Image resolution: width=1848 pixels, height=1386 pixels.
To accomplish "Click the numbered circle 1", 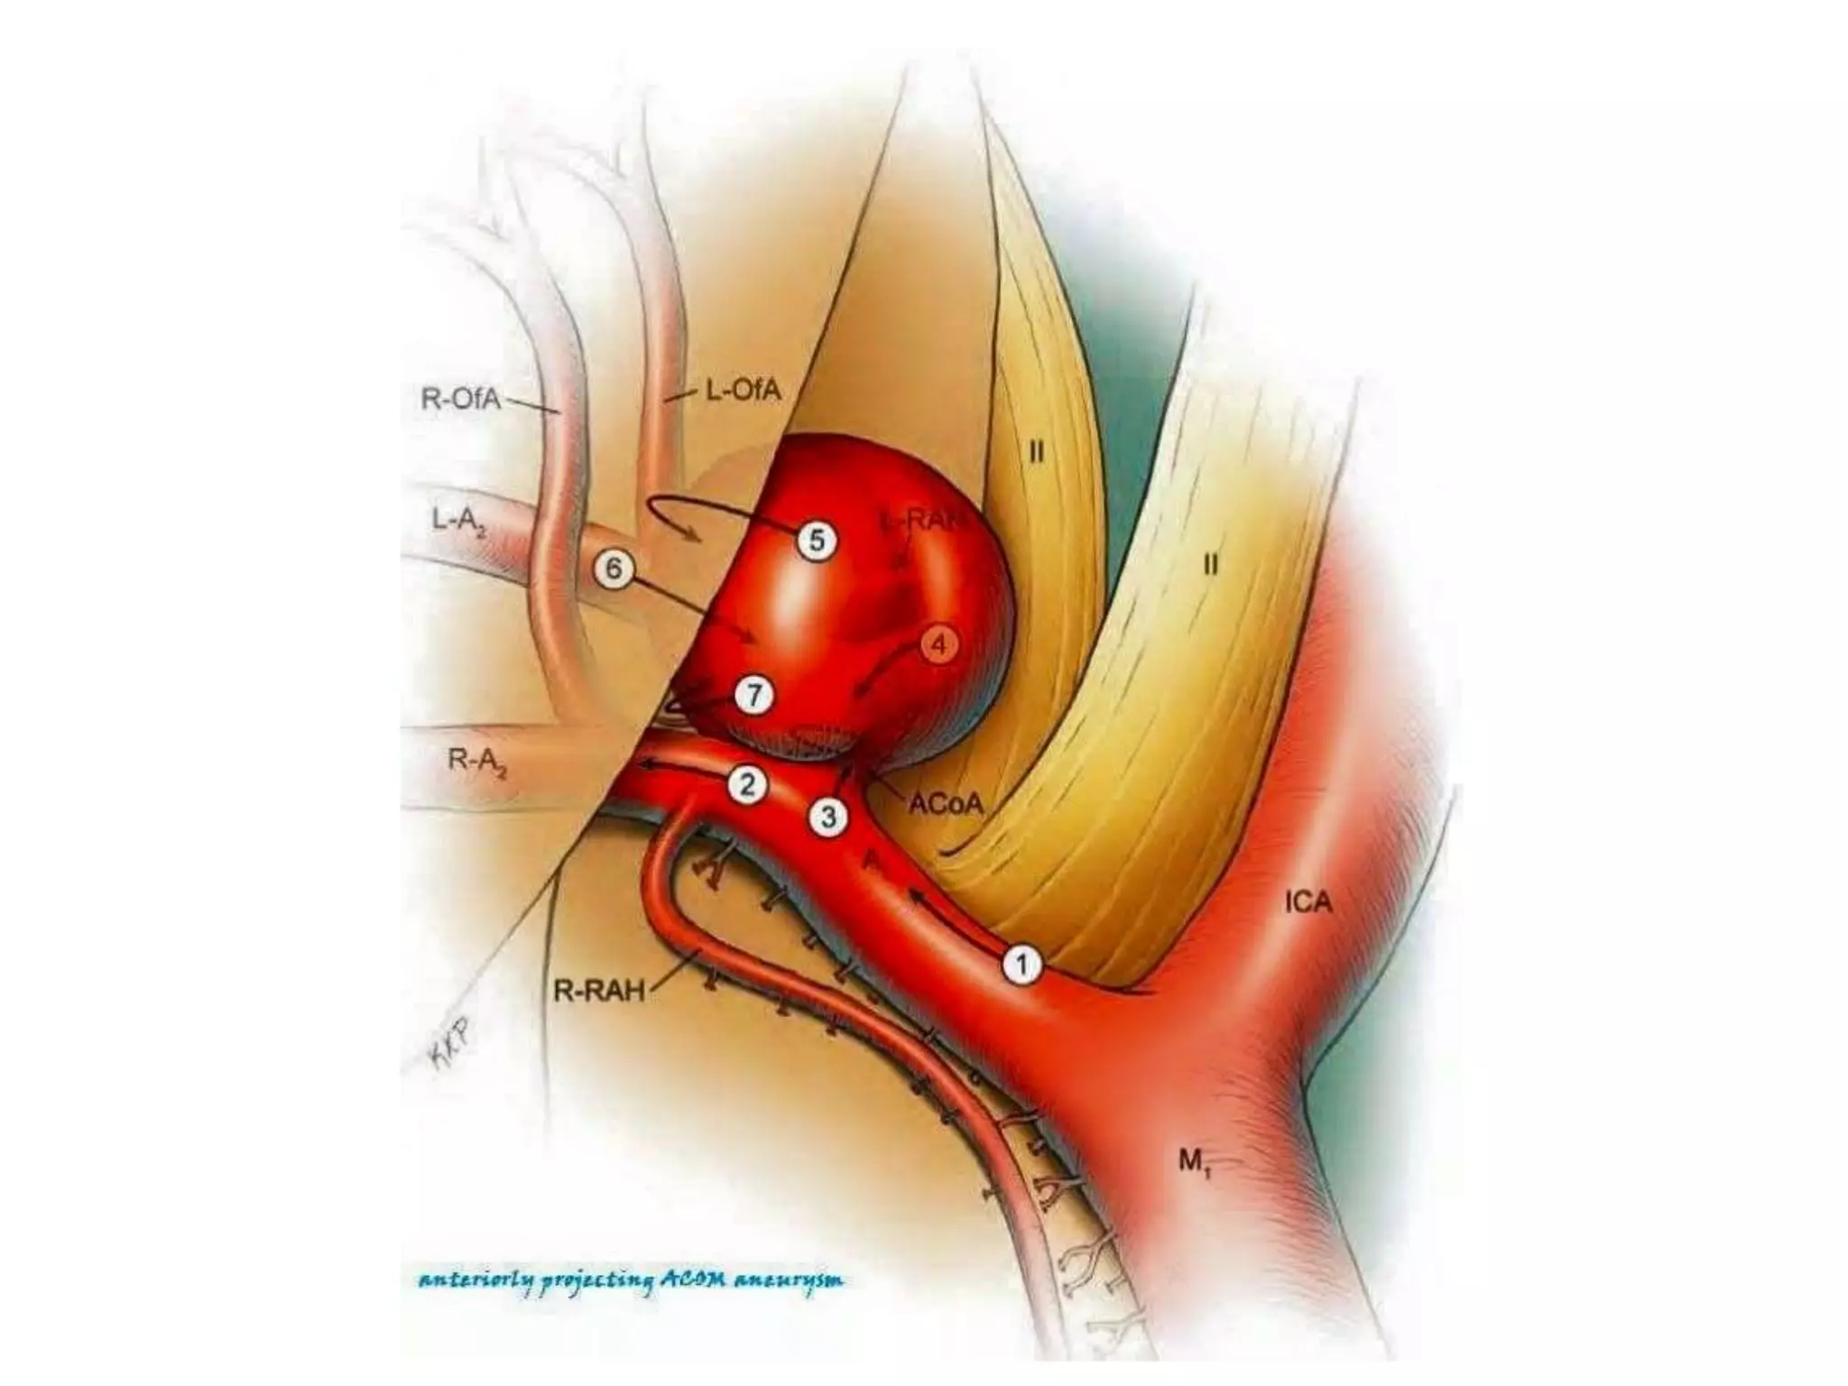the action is tap(1021, 965).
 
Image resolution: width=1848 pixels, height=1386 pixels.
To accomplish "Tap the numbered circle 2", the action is tap(747, 785).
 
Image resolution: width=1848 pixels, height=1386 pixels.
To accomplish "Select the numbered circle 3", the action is tap(827, 818).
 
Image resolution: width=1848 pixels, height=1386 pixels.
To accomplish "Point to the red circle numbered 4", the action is tap(939, 645).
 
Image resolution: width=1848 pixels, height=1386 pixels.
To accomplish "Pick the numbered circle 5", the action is tap(817, 541).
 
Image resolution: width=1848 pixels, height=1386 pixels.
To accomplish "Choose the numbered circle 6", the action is tap(614, 569).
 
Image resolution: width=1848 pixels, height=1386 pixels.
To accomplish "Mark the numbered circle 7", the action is tap(753, 696).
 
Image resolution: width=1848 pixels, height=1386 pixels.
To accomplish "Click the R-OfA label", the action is tap(460, 399).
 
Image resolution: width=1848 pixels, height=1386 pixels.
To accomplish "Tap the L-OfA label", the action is tap(742, 392).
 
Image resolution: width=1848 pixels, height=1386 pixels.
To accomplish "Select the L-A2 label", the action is tap(460, 522).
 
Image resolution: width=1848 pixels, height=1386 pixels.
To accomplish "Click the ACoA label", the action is tap(945, 804).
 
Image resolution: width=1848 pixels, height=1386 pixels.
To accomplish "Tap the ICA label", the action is tap(1308, 901).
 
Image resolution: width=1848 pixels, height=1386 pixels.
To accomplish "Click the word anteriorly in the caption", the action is tap(474, 1281).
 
